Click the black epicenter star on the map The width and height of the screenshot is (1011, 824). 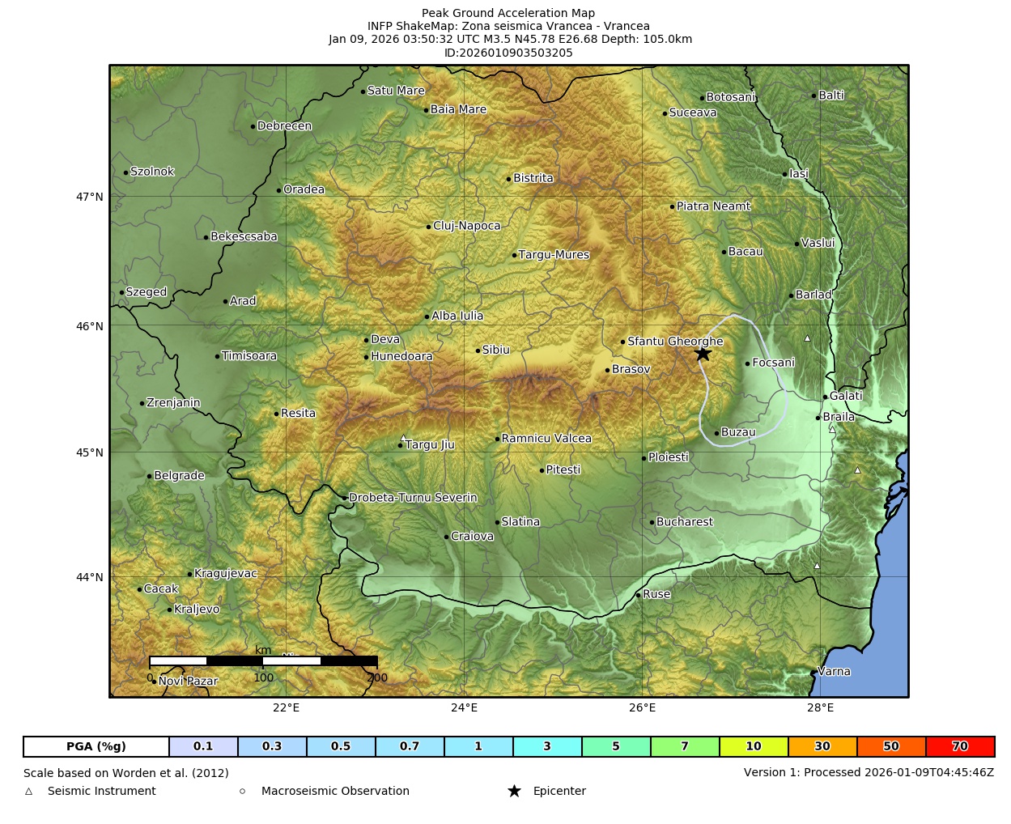coord(703,354)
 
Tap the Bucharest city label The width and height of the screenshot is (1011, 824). coord(684,522)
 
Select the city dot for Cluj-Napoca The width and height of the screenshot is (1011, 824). coord(429,227)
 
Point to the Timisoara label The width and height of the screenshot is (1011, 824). coord(249,356)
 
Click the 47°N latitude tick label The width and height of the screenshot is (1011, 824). coord(90,197)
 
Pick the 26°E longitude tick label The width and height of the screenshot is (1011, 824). coord(642,707)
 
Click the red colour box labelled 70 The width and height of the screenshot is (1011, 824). coord(960,746)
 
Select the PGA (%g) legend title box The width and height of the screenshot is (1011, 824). coord(96,746)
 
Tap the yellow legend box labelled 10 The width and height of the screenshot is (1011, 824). coord(754,746)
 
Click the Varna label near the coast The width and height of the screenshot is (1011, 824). coord(834,671)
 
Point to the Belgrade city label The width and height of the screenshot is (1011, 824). coord(179,476)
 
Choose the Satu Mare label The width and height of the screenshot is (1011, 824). coord(396,91)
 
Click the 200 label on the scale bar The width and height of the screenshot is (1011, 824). coord(377,678)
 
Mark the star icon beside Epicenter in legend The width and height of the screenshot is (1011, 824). coord(514,791)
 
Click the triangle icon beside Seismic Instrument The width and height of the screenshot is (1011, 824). coord(29,791)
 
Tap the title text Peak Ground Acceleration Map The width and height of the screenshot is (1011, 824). coord(508,13)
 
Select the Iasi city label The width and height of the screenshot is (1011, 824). coord(799,173)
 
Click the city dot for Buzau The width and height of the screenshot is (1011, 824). coord(716,433)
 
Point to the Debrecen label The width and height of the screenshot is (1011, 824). coord(284,126)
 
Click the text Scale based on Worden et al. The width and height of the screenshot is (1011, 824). coord(125,773)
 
